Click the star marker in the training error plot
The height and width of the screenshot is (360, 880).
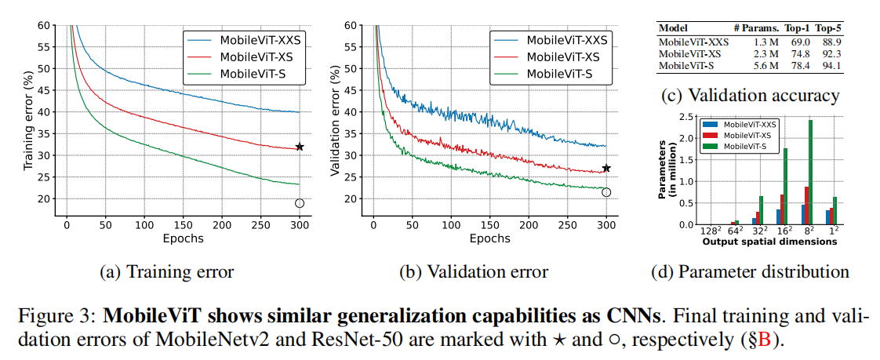tap(300, 147)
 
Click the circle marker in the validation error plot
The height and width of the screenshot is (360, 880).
tap(605, 192)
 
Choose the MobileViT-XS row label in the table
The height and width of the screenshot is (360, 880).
tap(689, 53)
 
